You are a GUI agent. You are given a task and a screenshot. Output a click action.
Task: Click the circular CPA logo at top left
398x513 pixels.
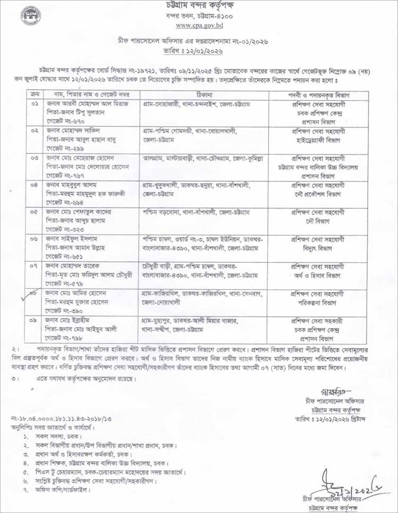pos(30,15)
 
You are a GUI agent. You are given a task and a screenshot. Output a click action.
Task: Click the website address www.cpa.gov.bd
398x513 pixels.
pos(199,25)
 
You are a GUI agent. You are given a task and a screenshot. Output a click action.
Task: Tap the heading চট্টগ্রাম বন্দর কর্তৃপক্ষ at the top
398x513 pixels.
pos(199,6)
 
